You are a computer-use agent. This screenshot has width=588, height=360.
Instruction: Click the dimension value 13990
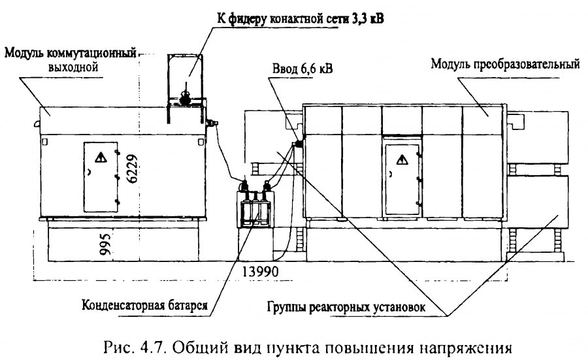tap(261, 270)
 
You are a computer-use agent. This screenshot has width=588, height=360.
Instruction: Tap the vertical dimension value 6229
tap(133, 169)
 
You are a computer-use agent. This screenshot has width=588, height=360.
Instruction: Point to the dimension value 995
tap(106, 244)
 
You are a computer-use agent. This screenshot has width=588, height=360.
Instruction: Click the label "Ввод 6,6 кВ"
tap(302, 69)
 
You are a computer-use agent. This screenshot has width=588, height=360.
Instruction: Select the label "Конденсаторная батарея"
tap(145, 305)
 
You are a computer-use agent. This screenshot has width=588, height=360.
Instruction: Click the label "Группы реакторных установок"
tap(346, 307)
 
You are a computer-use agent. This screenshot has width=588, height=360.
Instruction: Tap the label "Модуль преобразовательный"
tap(505, 64)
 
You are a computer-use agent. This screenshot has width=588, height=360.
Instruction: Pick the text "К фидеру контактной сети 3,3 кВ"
tap(301, 18)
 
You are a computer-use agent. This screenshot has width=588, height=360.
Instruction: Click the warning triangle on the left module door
tap(101, 157)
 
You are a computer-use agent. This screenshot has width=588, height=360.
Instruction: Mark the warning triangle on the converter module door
tap(402, 160)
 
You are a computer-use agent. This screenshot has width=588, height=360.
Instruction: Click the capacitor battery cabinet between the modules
tap(255, 209)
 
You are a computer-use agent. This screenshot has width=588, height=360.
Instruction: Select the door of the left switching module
tap(101, 176)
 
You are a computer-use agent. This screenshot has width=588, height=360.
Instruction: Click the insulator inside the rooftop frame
tap(185, 97)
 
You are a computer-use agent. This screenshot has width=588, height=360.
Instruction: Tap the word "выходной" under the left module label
tap(73, 67)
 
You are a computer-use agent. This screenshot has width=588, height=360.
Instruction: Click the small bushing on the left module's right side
tap(212, 122)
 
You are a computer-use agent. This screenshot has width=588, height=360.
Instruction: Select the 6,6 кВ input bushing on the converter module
tap(298, 144)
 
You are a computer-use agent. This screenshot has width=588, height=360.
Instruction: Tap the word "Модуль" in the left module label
tap(24, 53)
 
